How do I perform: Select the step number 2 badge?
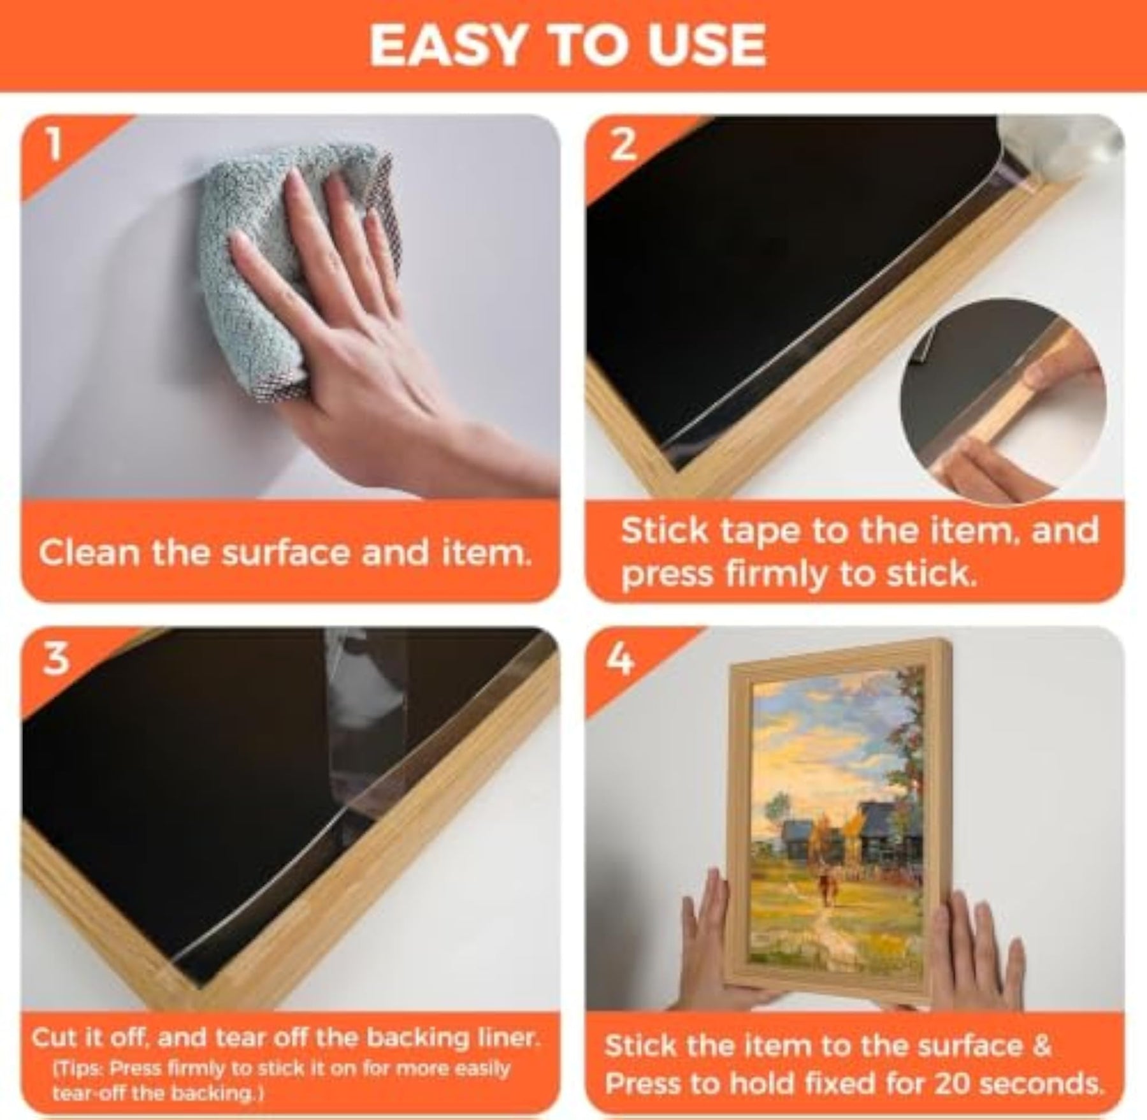tap(621, 145)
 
